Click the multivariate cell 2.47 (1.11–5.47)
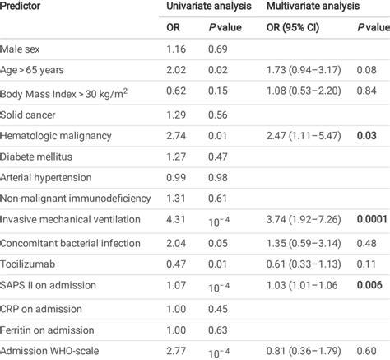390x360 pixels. pos(304,135)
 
